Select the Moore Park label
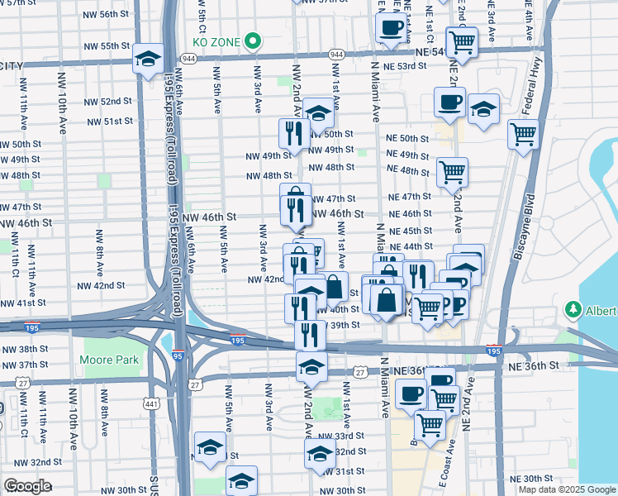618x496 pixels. pos(109,360)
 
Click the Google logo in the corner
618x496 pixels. pos(27,486)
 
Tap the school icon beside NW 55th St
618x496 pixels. pos(149,59)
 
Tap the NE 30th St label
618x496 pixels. pos(530,479)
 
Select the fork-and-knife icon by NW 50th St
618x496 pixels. pos(293,133)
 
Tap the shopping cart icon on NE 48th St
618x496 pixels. pos(452,173)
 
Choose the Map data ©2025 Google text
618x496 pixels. pos(566,489)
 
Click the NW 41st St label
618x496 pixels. pos(21,303)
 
